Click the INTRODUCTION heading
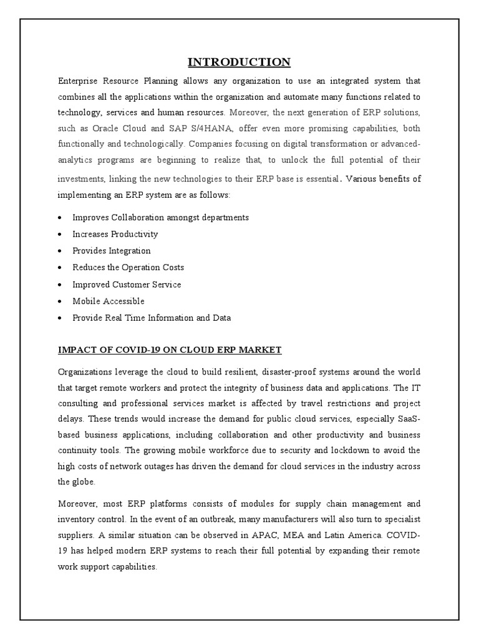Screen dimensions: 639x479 [239, 62]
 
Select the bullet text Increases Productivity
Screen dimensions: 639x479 [115, 234]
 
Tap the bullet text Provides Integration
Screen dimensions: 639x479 [111, 251]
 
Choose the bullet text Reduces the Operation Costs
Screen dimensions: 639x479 [128, 268]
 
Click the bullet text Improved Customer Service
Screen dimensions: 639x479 [127, 285]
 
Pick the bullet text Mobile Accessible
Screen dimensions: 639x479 [108, 301]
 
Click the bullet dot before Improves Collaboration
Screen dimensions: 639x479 [59, 218]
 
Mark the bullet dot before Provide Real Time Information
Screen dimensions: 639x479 [59, 318]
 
